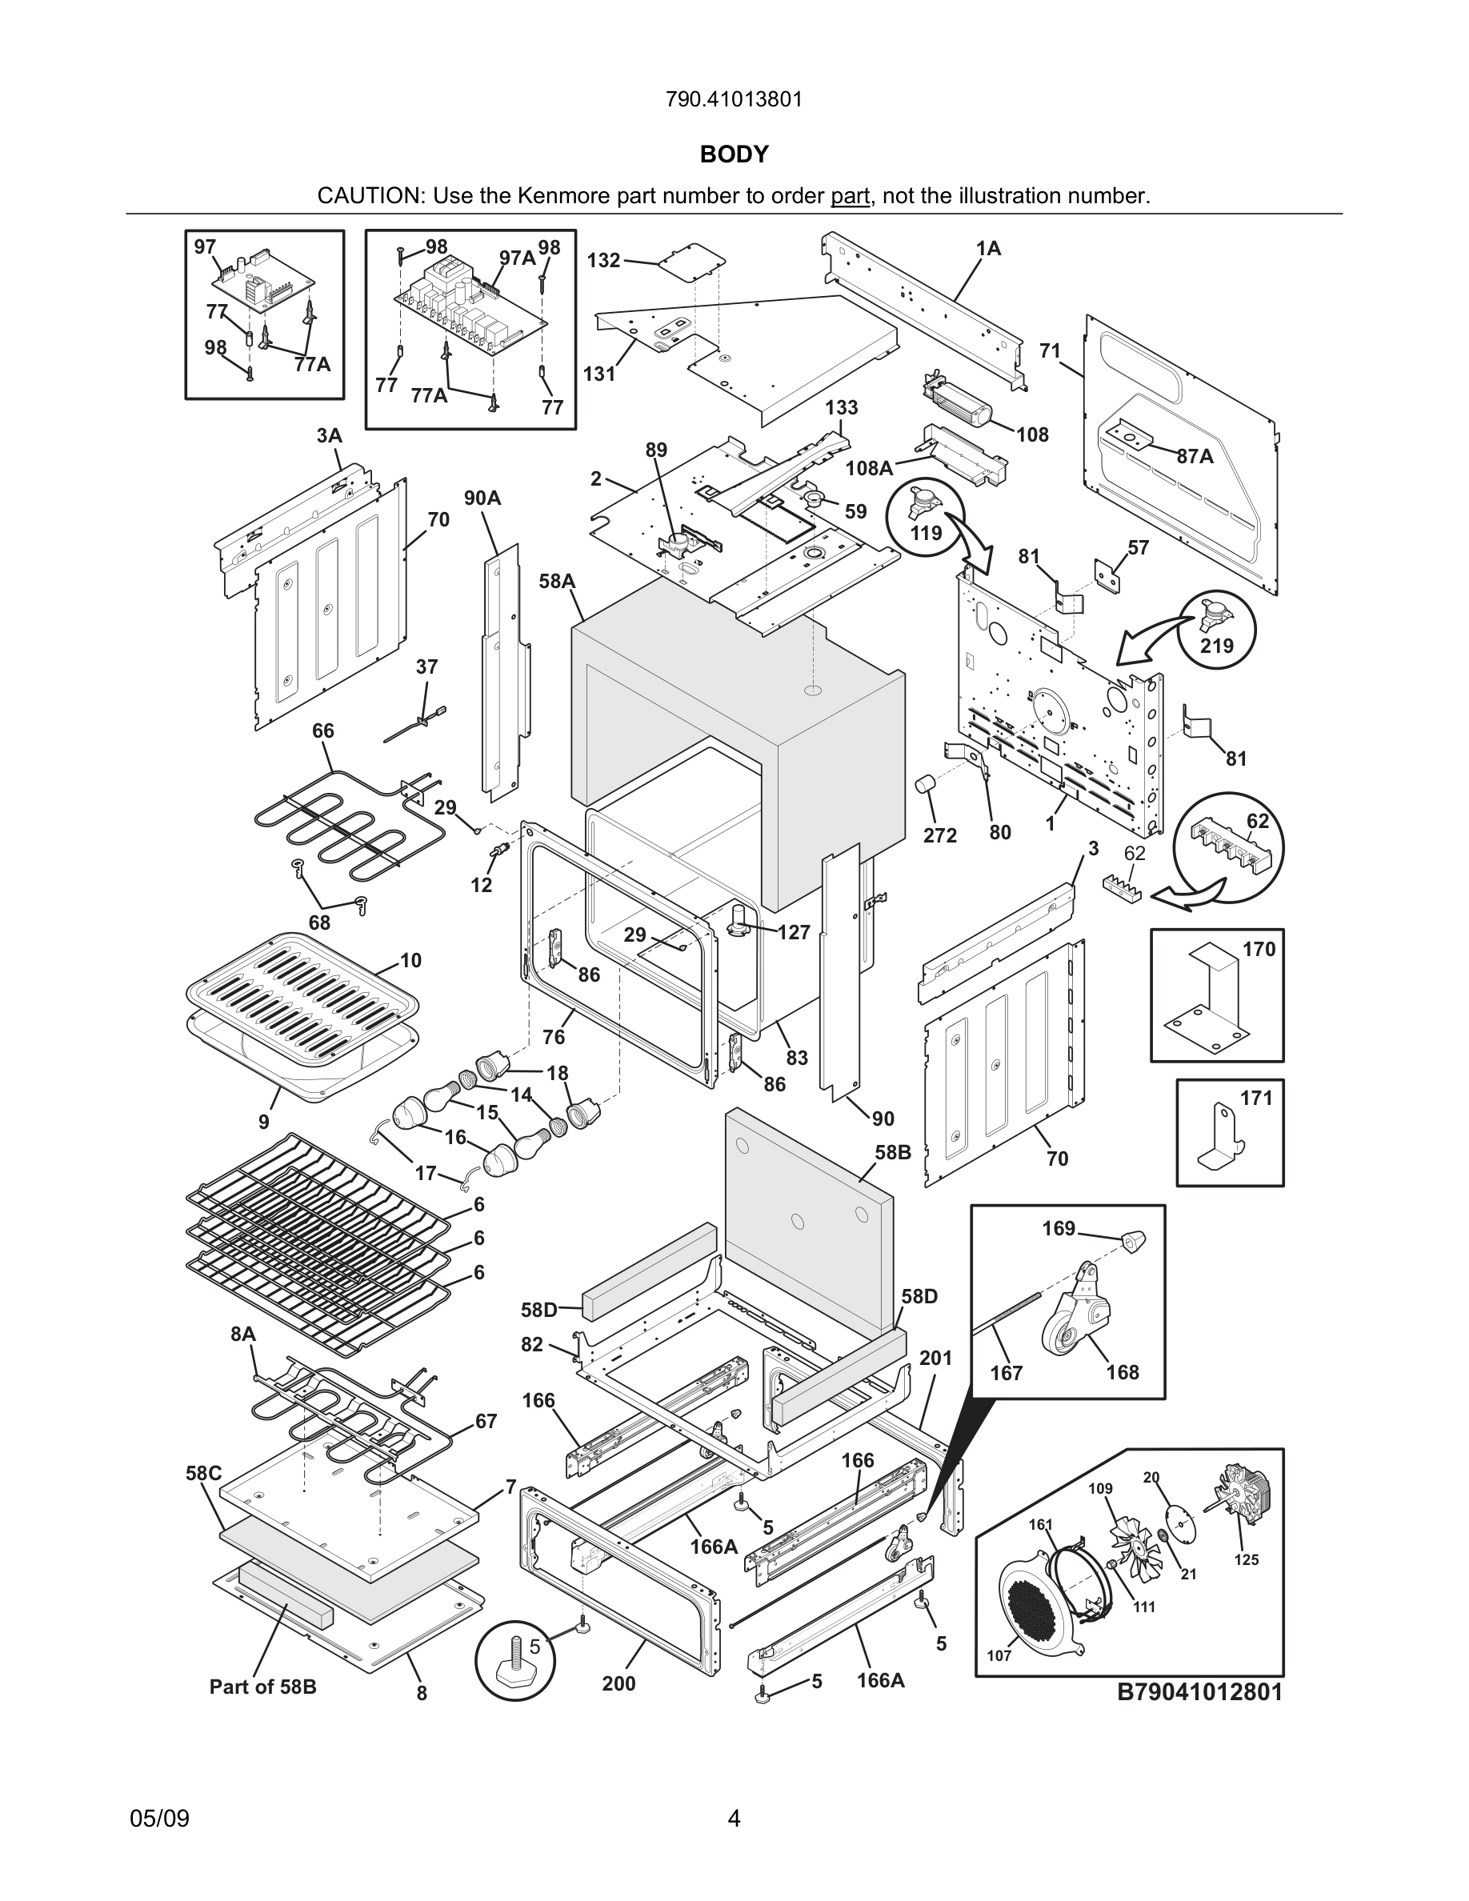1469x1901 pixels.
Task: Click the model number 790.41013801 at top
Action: [x=734, y=99]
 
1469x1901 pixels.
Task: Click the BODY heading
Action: [x=734, y=154]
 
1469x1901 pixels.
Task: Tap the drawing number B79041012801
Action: [x=1200, y=1691]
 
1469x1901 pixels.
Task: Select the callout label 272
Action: [x=940, y=835]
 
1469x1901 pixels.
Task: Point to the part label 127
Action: [x=794, y=932]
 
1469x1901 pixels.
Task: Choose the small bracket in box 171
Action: [x=1223, y=1136]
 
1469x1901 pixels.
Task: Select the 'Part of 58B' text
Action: [x=262, y=1687]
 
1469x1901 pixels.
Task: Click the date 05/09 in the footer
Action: [x=159, y=1819]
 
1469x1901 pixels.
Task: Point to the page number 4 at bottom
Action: [x=734, y=1819]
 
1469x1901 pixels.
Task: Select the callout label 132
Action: [x=603, y=260]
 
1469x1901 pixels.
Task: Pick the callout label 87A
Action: [x=1194, y=456]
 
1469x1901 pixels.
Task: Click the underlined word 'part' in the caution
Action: [x=851, y=196]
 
